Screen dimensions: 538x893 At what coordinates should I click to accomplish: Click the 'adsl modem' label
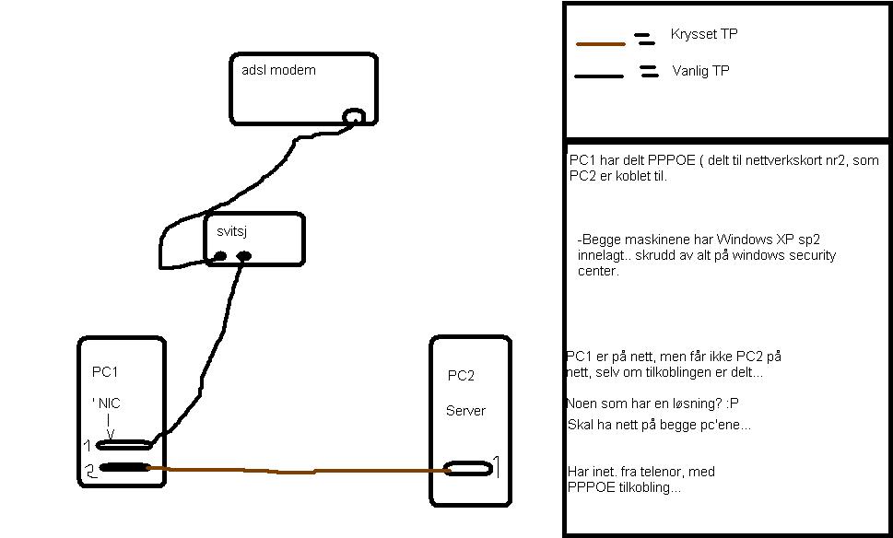[x=278, y=70]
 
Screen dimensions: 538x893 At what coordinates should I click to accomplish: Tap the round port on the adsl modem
[x=354, y=116]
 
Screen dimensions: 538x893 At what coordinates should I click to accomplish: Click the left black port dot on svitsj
[x=221, y=256]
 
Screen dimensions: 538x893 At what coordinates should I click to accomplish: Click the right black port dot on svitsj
[x=244, y=256]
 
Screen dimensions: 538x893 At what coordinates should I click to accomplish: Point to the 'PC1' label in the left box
[x=105, y=372]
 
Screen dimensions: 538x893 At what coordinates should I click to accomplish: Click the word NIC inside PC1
[x=110, y=403]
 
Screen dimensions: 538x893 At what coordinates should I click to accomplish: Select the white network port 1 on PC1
[x=124, y=445]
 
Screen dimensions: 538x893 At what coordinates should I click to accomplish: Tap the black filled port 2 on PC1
[x=124, y=467]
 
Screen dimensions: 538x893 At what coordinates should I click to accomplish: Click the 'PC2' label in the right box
[x=462, y=376]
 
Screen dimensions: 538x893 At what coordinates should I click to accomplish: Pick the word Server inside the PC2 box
[x=465, y=411]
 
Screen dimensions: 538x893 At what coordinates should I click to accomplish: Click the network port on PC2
[x=469, y=469]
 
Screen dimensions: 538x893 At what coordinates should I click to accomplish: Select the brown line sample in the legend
[x=600, y=43]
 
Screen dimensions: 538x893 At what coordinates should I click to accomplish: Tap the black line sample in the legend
[x=600, y=76]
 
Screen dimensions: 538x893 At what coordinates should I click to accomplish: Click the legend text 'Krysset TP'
[x=704, y=34]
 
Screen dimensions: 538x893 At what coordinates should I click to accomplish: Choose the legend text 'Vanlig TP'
[x=700, y=71]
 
